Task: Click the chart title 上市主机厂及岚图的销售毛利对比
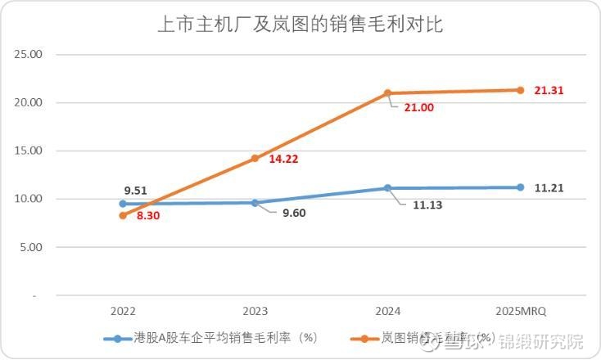pos(300,25)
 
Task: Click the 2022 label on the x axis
pos(123,311)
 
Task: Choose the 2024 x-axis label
pos(387,311)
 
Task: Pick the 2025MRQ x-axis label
pos(520,311)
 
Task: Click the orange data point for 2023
pos(255,158)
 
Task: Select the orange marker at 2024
pos(388,93)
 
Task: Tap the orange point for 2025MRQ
pos(520,90)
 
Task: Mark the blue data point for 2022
pos(123,204)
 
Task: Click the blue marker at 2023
pos(255,203)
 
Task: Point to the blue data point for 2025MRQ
pos(520,187)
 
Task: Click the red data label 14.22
pos(283,159)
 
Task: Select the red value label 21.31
pos(549,90)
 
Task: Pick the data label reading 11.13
pos(427,205)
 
